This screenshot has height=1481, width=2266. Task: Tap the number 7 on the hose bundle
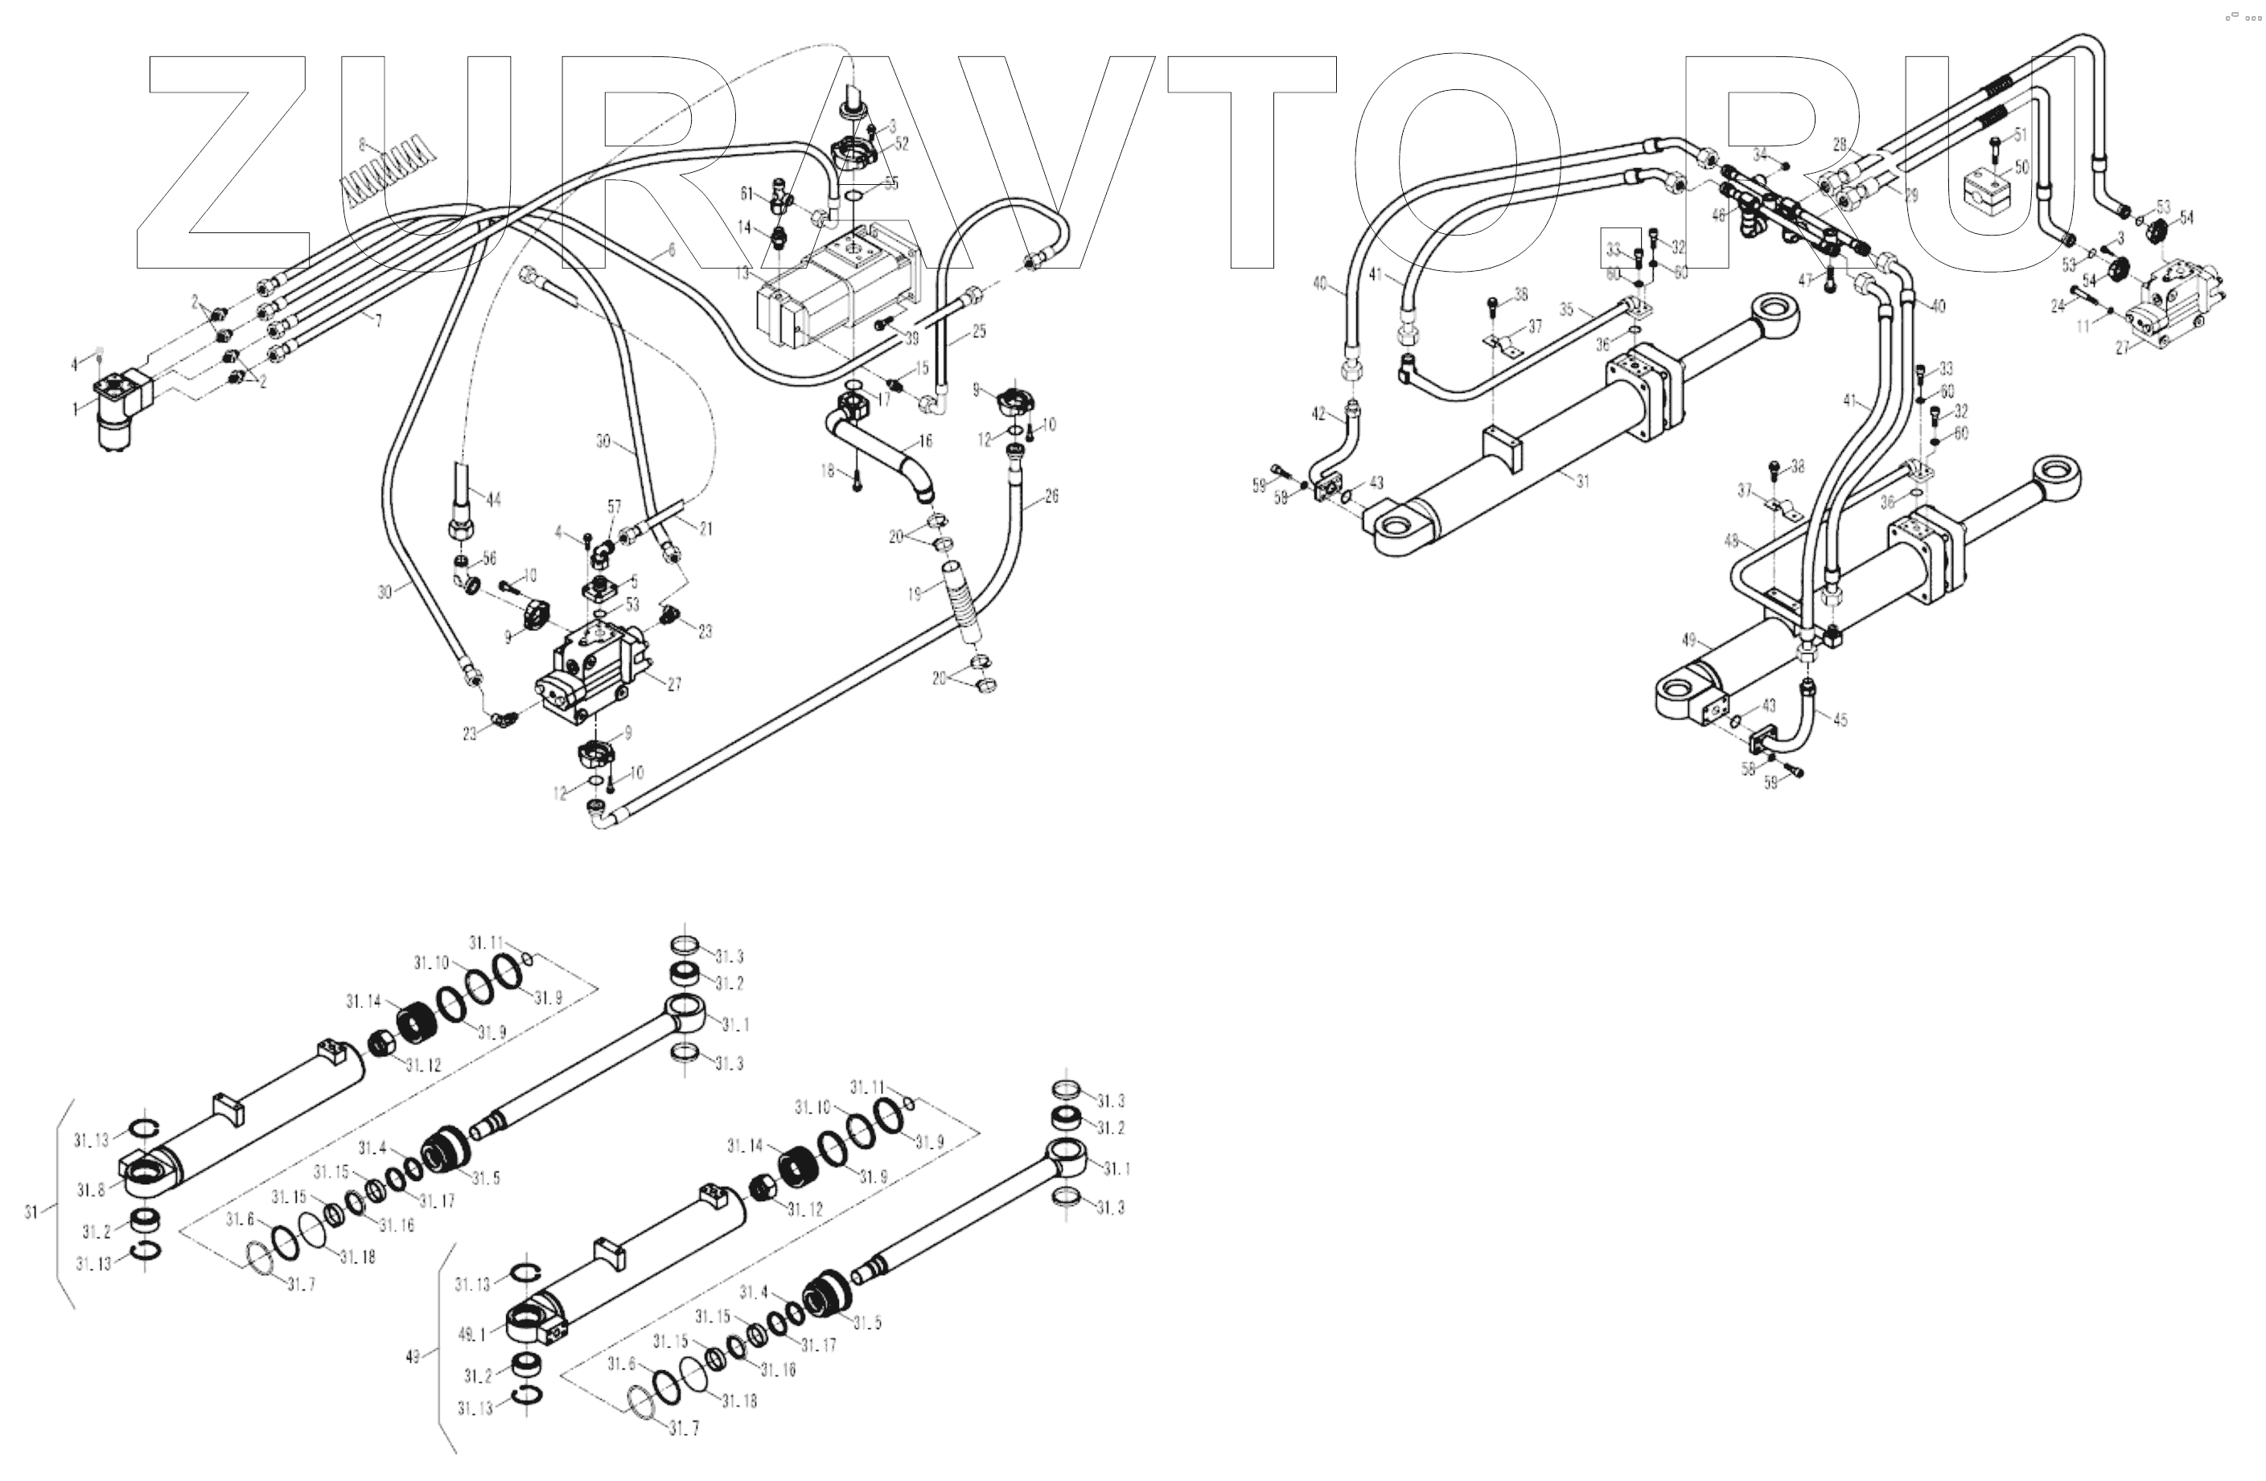pyautogui.click(x=379, y=322)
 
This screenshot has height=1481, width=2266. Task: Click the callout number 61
pyautogui.click(x=747, y=194)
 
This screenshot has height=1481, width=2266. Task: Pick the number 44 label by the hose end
pyautogui.click(x=493, y=499)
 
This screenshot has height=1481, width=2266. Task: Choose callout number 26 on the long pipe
pyautogui.click(x=1051, y=496)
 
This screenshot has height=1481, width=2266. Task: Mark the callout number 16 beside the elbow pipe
pyautogui.click(x=925, y=441)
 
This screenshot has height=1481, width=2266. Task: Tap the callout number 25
pyautogui.click(x=979, y=332)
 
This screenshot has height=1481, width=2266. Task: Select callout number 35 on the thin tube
pyautogui.click(x=1567, y=310)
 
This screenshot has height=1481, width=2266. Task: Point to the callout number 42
pyautogui.click(x=1318, y=414)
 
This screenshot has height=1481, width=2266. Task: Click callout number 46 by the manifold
pyautogui.click(x=1718, y=216)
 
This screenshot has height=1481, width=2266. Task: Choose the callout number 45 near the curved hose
pyautogui.click(x=1840, y=720)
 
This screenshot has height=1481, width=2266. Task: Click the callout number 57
pyautogui.click(x=614, y=507)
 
